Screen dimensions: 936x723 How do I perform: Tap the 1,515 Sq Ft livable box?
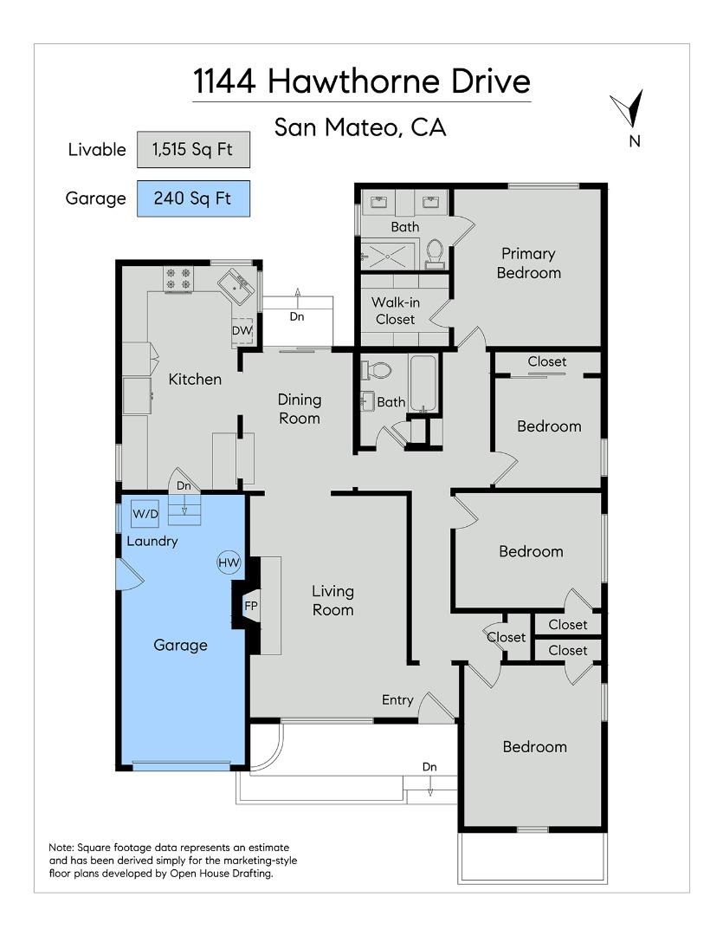click(x=193, y=149)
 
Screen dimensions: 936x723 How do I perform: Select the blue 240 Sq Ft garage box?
click(x=193, y=198)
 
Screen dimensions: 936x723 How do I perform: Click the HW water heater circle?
click(x=229, y=562)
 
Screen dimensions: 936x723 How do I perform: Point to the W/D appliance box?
click(x=145, y=514)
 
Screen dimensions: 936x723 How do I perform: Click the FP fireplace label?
click(x=251, y=605)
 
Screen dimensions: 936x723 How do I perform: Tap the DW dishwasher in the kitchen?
click(x=242, y=330)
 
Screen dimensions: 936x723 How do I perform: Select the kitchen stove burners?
click(x=178, y=278)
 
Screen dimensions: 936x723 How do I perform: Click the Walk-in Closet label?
click(x=394, y=310)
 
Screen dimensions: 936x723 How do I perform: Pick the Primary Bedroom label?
click(x=527, y=263)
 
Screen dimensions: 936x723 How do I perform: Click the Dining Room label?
click(x=300, y=408)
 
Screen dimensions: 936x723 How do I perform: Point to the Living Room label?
click(x=333, y=600)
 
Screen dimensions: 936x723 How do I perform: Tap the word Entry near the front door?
click(x=397, y=699)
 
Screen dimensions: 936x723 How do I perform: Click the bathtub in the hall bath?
click(x=424, y=383)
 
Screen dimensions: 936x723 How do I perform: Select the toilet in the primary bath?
click(x=435, y=250)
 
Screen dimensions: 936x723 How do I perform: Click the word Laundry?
click(x=152, y=542)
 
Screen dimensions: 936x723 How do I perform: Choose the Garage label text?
click(x=180, y=645)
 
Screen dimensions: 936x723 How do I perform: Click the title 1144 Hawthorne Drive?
click(x=361, y=81)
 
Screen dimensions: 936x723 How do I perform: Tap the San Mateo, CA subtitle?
click(x=360, y=127)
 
